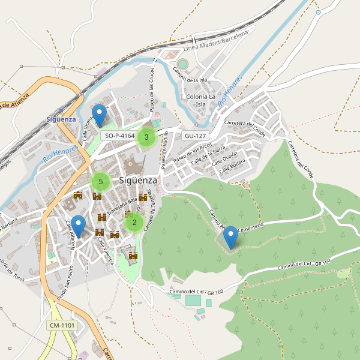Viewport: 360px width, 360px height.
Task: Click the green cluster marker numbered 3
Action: (x=146, y=137)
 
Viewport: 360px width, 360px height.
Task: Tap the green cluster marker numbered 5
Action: (x=101, y=181)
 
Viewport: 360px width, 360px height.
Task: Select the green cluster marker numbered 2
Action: (x=134, y=223)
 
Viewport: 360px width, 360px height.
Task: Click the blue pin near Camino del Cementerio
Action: (x=230, y=238)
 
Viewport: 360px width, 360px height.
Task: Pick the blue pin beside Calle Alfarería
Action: (x=78, y=227)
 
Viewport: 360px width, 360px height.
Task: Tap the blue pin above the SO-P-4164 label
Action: (x=100, y=115)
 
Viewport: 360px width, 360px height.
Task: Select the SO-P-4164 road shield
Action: (x=119, y=136)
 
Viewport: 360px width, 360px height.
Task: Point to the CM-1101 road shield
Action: (x=62, y=325)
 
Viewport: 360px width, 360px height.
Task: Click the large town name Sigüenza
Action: (x=138, y=180)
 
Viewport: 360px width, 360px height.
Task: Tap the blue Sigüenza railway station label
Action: (x=61, y=119)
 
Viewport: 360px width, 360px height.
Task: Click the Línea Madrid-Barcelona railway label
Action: (x=215, y=41)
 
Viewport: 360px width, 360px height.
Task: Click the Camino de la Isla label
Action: (x=190, y=76)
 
